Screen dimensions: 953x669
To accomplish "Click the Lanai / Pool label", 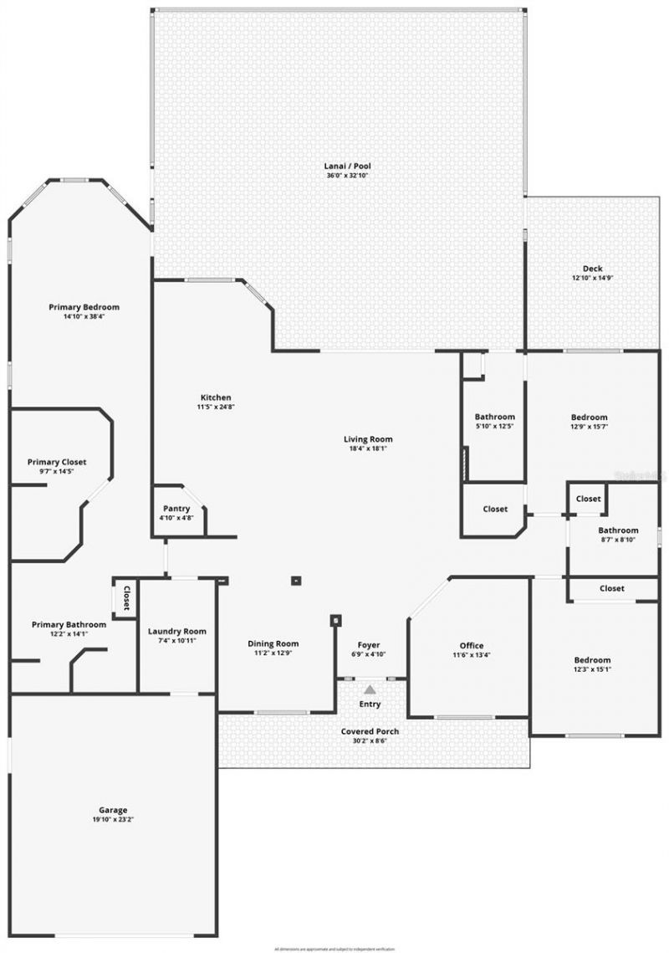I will pyautogui.click(x=347, y=166).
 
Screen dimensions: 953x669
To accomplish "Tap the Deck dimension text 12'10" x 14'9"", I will pyautogui.click(x=593, y=278).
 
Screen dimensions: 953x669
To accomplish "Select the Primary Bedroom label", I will pyautogui.click(x=84, y=307).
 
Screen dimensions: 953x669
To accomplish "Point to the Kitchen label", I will pyautogui.click(x=216, y=397).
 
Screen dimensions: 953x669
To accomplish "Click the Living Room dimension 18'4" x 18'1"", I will pyautogui.click(x=368, y=448).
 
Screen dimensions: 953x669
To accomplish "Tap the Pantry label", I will pyautogui.click(x=176, y=509).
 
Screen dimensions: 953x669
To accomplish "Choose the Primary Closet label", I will pyautogui.click(x=57, y=462).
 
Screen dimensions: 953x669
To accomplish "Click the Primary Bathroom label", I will pyautogui.click(x=69, y=624).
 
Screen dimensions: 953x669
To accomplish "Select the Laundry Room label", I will pyautogui.click(x=176, y=632).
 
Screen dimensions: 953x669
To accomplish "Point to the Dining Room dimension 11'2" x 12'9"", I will pyautogui.click(x=273, y=653).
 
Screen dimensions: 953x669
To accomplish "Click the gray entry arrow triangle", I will pyautogui.click(x=370, y=689).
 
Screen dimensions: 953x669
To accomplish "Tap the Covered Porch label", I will pyautogui.click(x=370, y=731).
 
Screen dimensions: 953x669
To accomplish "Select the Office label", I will pyautogui.click(x=472, y=645).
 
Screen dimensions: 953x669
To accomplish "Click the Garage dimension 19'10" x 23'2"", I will pyautogui.click(x=113, y=819).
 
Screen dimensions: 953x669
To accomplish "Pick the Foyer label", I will pyautogui.click(x=369, y=644).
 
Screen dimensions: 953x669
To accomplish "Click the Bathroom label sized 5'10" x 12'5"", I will pyautogui.click(x=495, y=417).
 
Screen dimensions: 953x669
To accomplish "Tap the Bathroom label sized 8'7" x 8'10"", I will pyautogui.click(x=618, y=530).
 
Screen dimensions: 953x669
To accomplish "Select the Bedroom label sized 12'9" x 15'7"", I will pyautogui.click(x=590, y=417).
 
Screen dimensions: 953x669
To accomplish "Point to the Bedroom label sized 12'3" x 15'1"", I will pyautogui.click(x=592, y=659).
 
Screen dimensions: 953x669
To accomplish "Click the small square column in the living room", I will pyautogui.click(x=295, y=580).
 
